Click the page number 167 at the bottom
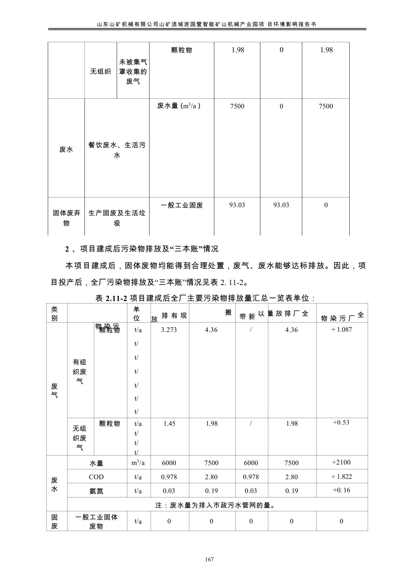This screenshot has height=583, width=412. (x=209, y=559)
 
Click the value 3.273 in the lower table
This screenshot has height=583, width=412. (x=169, y=330)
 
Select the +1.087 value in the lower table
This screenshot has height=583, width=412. (x=341, y=329)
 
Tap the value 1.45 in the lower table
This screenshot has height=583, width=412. (x=169, y=424)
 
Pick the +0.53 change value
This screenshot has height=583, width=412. (x=341, y=422)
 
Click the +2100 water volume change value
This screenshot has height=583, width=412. (x=341, y=462)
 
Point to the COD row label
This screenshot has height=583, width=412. (x=96, y=477)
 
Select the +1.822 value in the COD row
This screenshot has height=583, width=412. (x=341, y=477)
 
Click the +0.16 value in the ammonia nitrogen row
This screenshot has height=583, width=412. (x=341, y=490)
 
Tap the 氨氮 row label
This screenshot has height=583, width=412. (x=96, y=491)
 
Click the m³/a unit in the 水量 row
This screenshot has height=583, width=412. (x=138, y=463)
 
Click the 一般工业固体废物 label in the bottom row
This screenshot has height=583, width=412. (x=97, y=522)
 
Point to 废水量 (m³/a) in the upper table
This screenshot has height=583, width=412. (x=179, y=106)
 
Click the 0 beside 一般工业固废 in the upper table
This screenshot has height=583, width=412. (x=326, y=205)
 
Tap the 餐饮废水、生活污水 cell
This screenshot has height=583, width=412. (x=117, y=150)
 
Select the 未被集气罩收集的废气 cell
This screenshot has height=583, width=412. (x=133, y=72)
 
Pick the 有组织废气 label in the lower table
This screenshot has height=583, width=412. (x=80, y=372)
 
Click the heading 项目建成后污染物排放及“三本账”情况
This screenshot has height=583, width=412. (x=149, y=249)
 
